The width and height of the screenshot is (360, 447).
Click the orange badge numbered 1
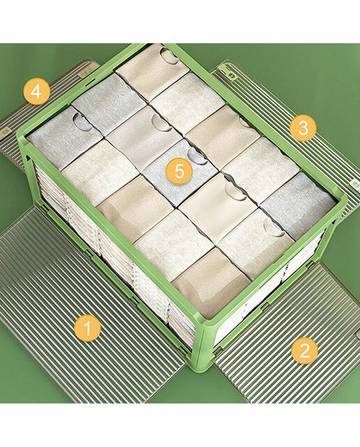point(88,328)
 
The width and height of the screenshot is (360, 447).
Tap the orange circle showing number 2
point(305,351)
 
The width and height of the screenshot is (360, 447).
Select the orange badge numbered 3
point(303,128)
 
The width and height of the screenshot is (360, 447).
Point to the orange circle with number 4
point(37,91)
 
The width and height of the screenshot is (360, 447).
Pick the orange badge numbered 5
point(179,171)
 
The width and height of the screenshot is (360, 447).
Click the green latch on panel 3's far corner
point(230,73)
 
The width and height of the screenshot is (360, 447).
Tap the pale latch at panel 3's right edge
point(354,183)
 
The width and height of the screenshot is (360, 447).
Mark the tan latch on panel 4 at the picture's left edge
point(5,131)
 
